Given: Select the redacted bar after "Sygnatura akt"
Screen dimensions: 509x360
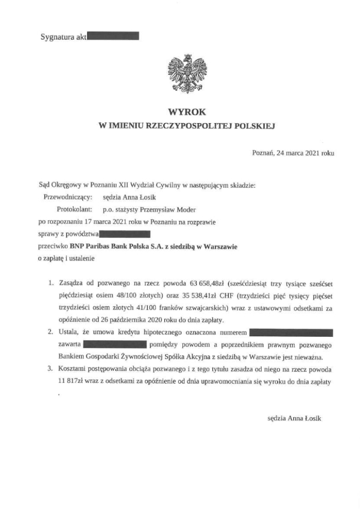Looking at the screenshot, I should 113,37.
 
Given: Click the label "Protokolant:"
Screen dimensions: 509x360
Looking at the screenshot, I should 74,209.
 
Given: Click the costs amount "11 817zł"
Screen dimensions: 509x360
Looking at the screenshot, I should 75,382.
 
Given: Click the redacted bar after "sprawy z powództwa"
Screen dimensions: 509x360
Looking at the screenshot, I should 125,234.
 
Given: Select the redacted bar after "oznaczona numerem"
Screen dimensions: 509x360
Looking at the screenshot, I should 290,332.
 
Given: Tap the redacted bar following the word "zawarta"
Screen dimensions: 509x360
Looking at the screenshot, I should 115,344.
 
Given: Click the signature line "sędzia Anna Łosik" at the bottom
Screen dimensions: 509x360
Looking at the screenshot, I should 294,418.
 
